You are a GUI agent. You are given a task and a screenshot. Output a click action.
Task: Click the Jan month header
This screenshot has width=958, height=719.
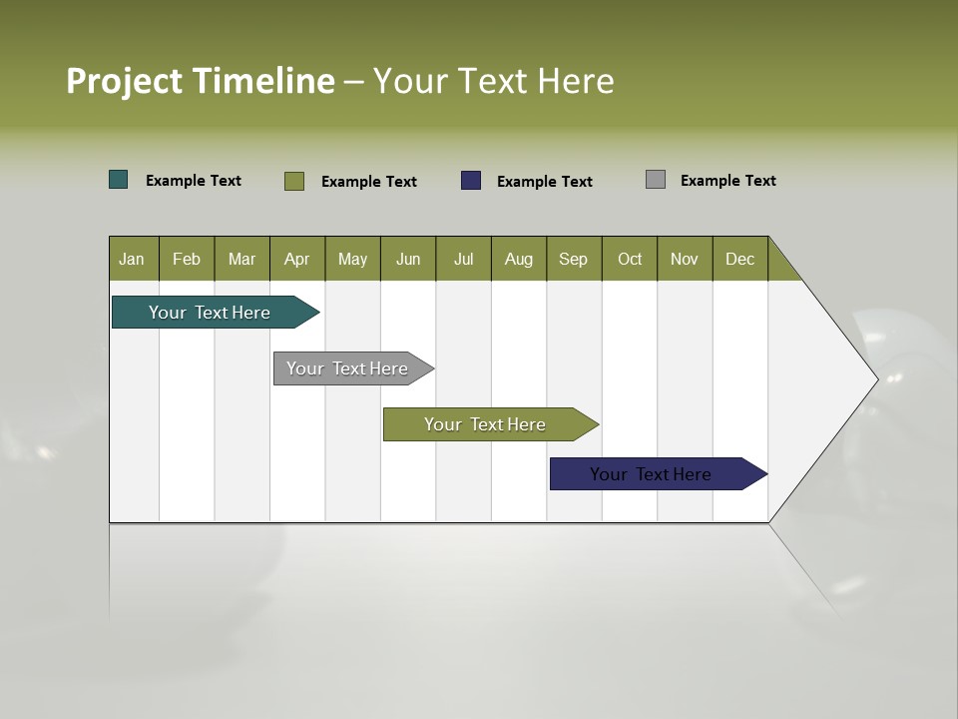point(133,259)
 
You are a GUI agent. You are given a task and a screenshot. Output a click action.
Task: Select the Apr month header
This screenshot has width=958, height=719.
point(297,259)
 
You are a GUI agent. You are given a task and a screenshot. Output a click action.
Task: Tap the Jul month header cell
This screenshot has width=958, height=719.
point(464,259)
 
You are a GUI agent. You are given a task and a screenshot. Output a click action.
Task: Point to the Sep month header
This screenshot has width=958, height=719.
point(574,259)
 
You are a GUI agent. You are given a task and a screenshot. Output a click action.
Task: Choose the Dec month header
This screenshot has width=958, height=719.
point(740,259)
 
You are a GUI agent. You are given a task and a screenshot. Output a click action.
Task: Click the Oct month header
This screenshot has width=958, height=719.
point(630,259)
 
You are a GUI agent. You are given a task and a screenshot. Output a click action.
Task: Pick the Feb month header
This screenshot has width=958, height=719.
point(187,259)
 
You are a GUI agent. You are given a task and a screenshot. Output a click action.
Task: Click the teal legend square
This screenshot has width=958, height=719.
point(119,180)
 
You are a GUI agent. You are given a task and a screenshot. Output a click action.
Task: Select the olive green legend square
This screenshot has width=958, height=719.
point(294,181)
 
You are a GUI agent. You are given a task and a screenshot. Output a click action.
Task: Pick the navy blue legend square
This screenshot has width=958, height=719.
point(471,181)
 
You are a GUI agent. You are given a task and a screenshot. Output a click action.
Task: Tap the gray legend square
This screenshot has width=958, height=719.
point(656,180)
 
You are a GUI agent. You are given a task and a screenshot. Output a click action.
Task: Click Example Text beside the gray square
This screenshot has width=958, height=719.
point(727,181)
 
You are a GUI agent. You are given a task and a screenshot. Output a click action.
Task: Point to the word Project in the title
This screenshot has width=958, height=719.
point(125,81)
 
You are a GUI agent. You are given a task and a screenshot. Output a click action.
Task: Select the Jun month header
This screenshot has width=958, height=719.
point(408,259)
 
